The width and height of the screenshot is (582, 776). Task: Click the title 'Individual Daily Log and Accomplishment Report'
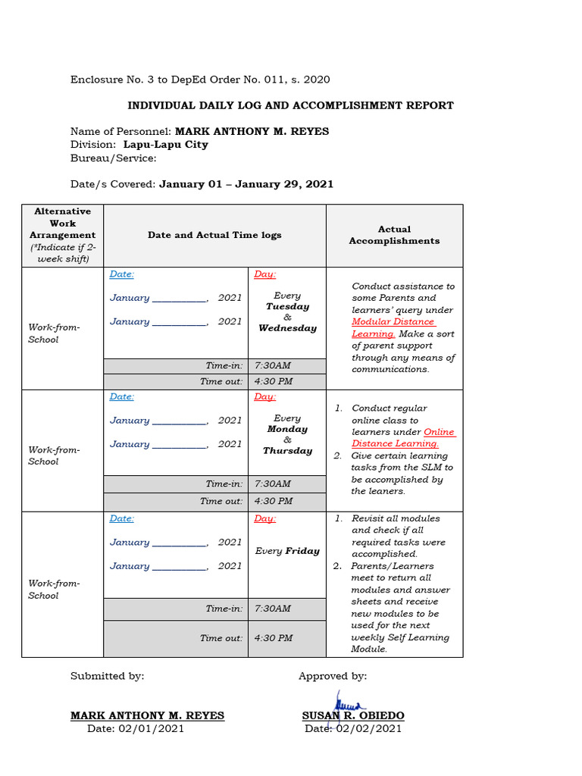[290, 105]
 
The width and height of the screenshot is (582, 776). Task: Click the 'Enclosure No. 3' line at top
[200, 80]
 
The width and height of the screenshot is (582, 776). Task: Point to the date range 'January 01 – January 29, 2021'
[246, 184]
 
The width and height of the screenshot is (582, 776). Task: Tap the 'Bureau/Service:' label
[114, 158]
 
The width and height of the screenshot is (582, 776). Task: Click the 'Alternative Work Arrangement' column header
[62, 235]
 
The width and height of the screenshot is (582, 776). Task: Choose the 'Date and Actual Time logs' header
[214, 235]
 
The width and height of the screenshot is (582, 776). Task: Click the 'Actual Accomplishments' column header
[394, 235]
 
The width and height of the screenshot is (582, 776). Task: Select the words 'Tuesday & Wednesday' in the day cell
[287, 318]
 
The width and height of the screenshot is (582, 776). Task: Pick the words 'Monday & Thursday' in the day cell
[287, 440]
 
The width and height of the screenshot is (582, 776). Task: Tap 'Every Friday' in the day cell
[287, 551]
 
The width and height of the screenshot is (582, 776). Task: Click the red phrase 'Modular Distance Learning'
[393, 327]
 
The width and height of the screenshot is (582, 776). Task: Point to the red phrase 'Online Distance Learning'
[402, 438]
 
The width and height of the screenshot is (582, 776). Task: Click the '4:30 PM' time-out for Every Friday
[274, 638]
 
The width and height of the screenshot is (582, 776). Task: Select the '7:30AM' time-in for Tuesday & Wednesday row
[273, 365]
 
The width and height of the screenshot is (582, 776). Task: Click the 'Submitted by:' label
[107, 676]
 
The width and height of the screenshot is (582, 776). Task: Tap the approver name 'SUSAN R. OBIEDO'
[353, 715]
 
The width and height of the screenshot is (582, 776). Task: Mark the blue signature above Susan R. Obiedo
[346, 702]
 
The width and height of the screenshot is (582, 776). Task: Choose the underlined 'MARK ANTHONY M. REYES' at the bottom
[147, 715]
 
